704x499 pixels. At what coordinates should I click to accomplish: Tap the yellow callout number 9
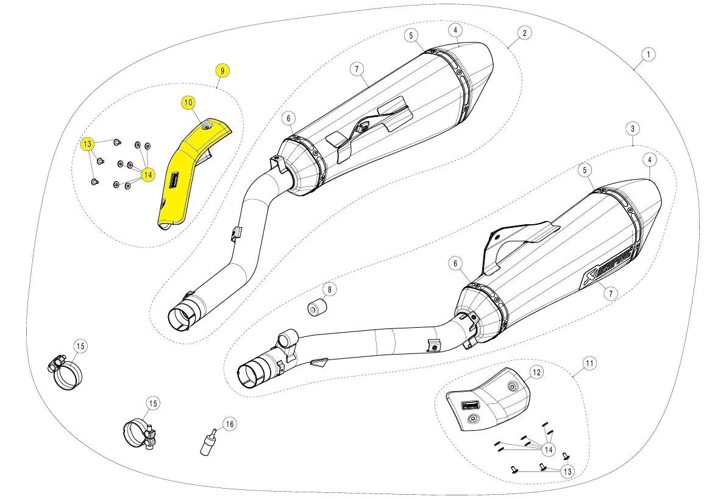coord(222,71)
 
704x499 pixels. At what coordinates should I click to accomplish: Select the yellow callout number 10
coord(188,102)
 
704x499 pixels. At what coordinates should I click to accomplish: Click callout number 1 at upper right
coord(649,54)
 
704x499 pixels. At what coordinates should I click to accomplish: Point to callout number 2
coord(525,32)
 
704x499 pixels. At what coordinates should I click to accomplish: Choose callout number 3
coord(633,129)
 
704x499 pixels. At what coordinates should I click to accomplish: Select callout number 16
coord(229,423)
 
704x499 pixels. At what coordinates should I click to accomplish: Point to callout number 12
coord(536,372)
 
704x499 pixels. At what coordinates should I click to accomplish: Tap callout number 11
coord(589,364)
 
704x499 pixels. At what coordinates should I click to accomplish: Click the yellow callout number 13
coord(88,144)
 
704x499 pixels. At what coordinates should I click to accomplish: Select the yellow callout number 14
coord(147,175)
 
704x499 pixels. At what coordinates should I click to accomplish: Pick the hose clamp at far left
coord(63,370)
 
